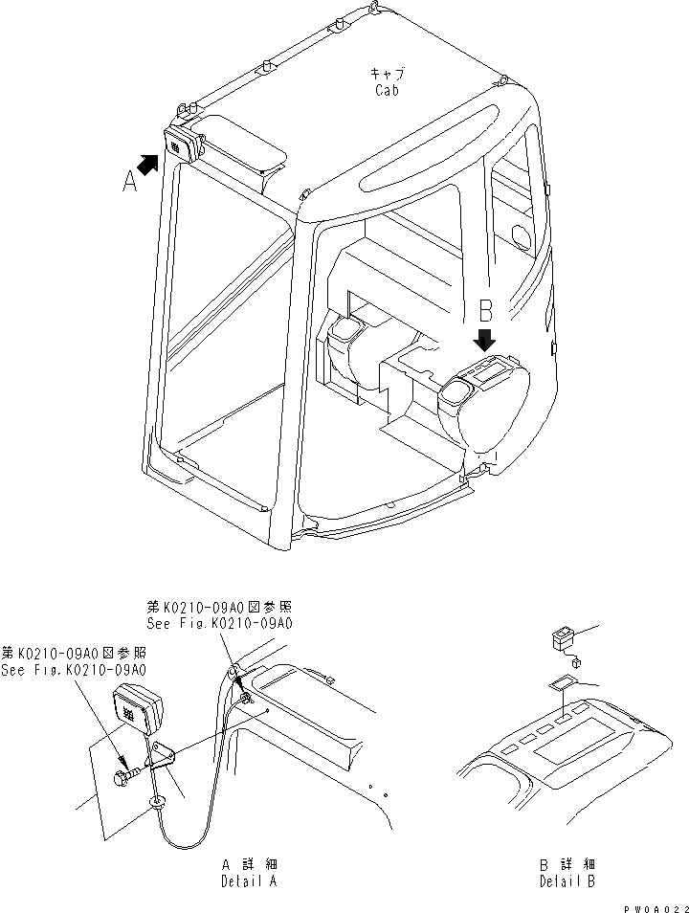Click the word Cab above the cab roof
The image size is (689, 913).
[x=387, y=90]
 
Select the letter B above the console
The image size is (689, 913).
[x=485, y=311]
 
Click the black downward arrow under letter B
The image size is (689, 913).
[x=485, y=340]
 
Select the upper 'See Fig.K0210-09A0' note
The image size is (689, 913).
[x=219, y=623]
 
